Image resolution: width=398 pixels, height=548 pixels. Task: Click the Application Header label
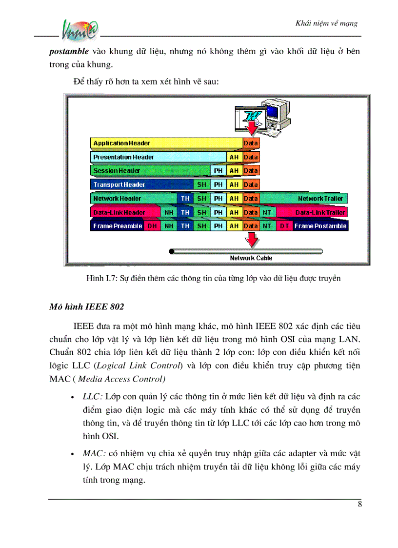click(121, 143)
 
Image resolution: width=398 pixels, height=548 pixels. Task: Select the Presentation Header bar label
click(123, 157)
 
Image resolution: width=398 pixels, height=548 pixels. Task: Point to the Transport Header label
click(119, 185)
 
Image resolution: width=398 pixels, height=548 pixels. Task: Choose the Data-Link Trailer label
click(320, 212)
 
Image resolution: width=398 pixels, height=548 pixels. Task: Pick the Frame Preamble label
click(118, 226)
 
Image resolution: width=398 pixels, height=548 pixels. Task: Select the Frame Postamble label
click(320, 226)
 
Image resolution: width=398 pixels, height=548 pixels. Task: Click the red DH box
click(152, 226)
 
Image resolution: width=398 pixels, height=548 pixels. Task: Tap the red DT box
click(284, 226)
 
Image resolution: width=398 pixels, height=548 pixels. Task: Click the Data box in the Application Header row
click(251, 143)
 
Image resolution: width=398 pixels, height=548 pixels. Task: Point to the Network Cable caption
click(251, 258)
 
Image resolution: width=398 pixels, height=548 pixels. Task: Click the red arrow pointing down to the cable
click(251, 240)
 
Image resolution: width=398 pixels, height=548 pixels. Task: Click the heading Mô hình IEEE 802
click(86, 307)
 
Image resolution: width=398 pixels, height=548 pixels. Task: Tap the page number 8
click(359, 505)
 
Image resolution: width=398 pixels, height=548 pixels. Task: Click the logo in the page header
click(80, 32)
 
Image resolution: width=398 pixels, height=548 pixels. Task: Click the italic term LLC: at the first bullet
click(92, 395)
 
